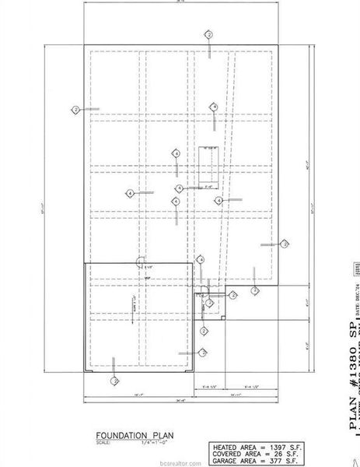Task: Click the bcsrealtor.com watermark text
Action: click(x=180, y=461)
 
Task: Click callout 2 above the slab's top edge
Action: click(x=208, y=35)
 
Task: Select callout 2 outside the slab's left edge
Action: click(x=75, y=110)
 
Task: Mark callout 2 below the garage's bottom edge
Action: click(x=114, y=381)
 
